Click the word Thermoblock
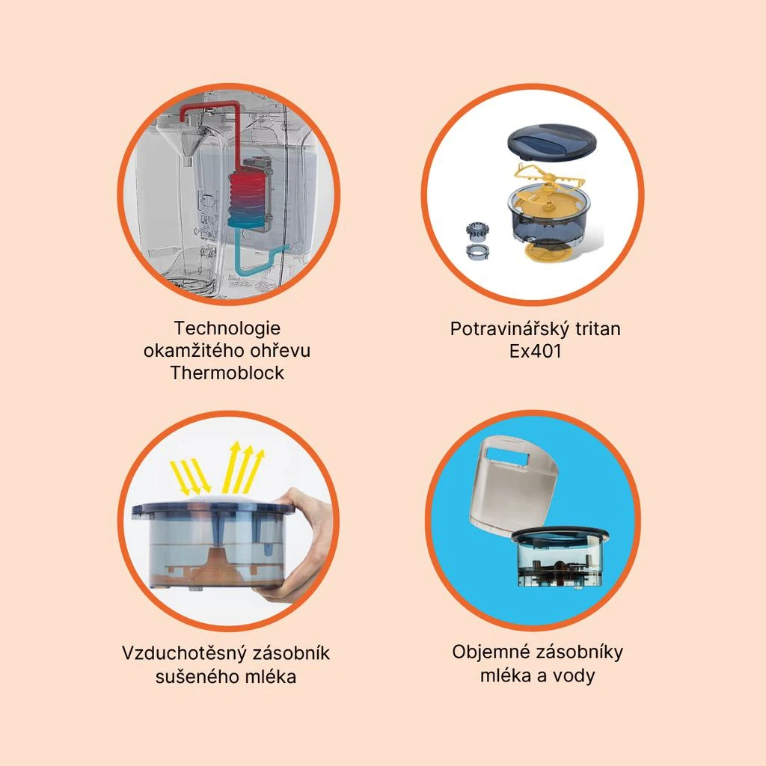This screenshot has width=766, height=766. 227,373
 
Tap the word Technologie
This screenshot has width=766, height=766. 227,328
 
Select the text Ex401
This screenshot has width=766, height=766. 536,352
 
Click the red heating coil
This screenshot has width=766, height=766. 248,191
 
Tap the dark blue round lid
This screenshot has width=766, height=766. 552,141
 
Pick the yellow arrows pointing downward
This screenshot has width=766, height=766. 190,477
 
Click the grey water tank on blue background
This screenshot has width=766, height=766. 513,484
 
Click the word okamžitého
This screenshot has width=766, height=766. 195,351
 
